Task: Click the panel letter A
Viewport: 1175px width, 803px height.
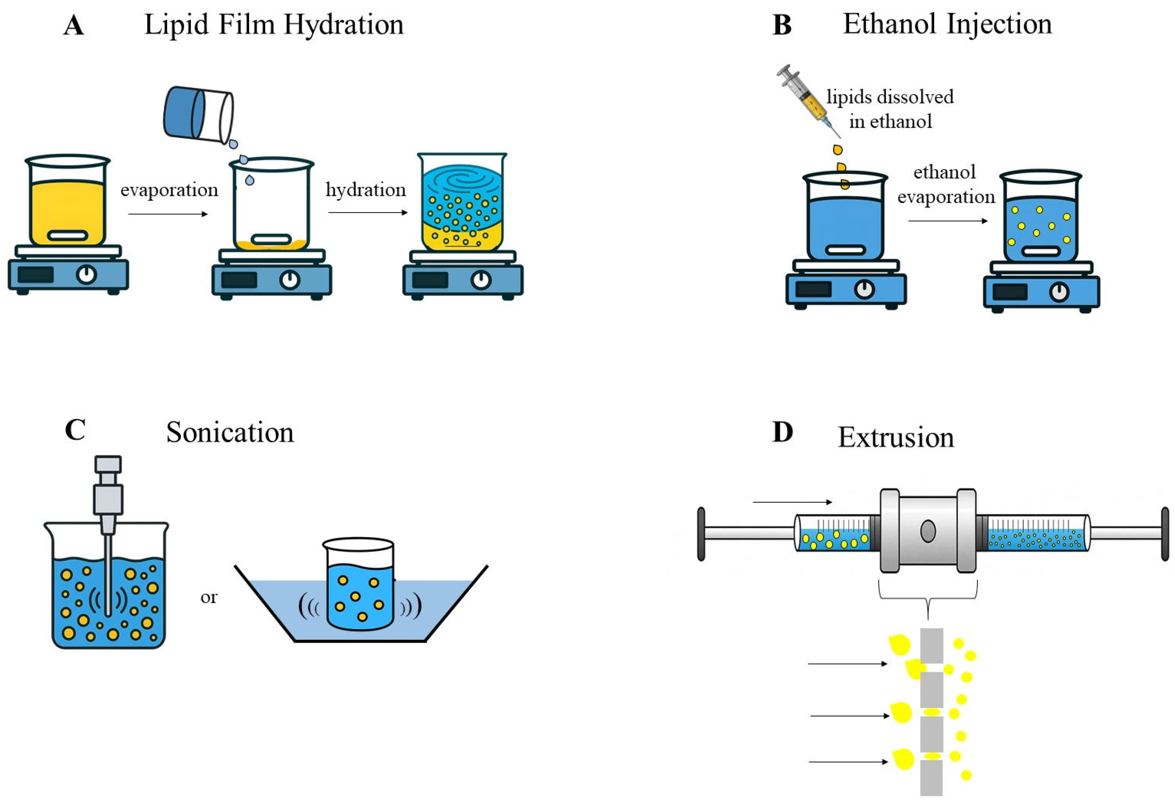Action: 74,25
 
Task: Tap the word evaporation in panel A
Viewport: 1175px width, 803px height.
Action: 169,190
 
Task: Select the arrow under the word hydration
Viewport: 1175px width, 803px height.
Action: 368,213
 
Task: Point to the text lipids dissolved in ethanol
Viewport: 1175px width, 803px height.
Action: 890,109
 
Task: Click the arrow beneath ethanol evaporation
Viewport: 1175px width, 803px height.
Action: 947,221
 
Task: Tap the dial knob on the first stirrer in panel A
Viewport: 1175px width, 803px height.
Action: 87,275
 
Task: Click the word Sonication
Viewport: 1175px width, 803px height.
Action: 230,433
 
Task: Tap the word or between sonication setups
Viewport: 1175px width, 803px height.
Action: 209,598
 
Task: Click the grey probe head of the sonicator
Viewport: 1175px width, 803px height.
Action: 108,485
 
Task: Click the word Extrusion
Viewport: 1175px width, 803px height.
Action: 896,438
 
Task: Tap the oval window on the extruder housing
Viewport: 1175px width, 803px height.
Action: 928,531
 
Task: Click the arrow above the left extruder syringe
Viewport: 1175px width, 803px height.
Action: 792,502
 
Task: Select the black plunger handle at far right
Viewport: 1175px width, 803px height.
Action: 1165,534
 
